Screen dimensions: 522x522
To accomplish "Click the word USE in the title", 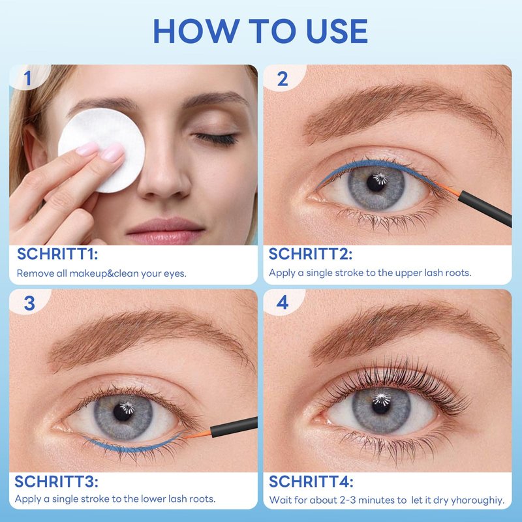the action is (x=337, y=31).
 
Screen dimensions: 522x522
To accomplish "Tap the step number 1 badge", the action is (x=28, y=78).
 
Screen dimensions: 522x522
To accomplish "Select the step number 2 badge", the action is (x=283, y=78).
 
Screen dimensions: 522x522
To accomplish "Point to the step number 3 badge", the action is (x=29, y=303).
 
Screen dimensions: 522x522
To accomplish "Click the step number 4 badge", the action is (x=283, y=302).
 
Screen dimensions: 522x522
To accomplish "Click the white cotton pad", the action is (x=102, y=150).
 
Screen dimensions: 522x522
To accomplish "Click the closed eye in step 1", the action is (x=217, y=138).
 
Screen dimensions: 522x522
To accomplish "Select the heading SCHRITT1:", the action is (x=57, y=254).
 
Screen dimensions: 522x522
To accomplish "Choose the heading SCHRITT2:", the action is (x=311, y=254).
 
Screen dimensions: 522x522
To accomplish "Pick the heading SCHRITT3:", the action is (x=56, y=482).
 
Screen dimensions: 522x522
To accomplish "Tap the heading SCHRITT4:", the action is (x=311, y=482).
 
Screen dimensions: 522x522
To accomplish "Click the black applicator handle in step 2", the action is (x=485, y=209).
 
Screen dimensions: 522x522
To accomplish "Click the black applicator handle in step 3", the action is (x=234, y=427).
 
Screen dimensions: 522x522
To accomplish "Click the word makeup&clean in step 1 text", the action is (x=104, y=273).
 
